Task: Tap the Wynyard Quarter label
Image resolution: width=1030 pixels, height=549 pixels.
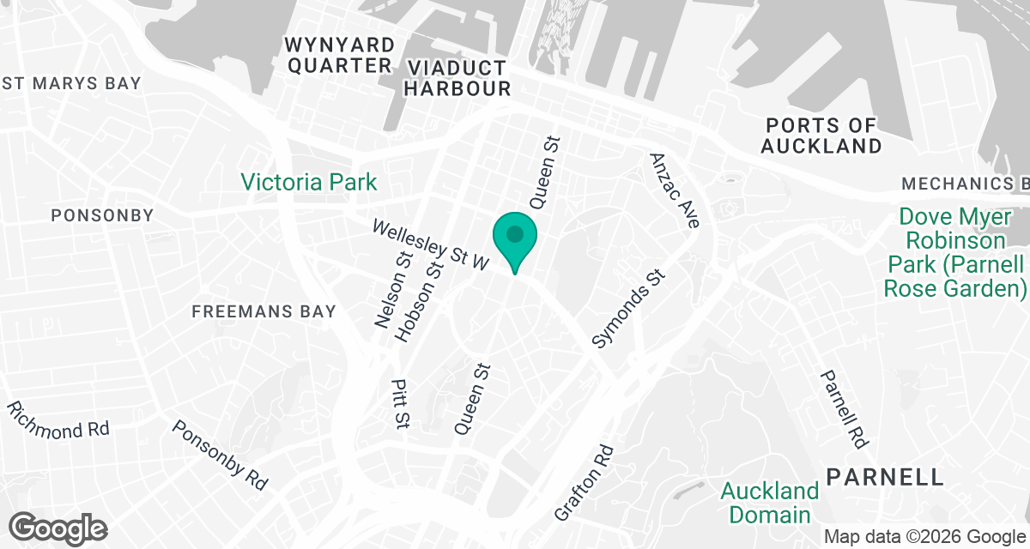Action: click(341, 55)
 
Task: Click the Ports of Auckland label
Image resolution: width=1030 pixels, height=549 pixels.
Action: click(821, 136)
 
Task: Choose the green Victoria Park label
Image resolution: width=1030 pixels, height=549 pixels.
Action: click(308, 182)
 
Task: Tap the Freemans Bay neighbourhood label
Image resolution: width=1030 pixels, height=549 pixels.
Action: click(264, 311)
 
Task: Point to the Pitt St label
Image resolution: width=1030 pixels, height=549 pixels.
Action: click(399, 404)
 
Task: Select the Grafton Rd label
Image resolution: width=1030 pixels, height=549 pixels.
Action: click(585, 482)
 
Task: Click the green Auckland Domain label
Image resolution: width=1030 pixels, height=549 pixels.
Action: click(769, 503)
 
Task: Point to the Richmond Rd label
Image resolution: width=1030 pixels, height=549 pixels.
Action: click(58, 419)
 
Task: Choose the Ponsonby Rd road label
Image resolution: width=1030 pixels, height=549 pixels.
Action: click(220, 455)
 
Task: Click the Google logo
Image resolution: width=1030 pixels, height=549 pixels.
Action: click(58, 528)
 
